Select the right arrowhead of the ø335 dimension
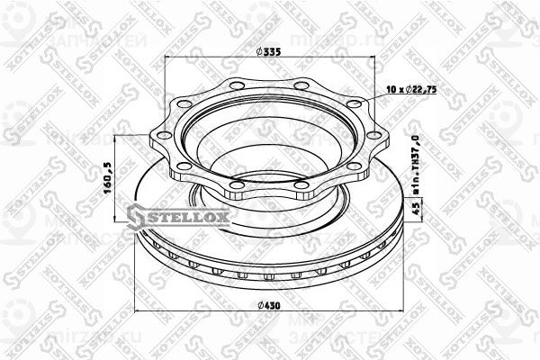click(x=371, y=60)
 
